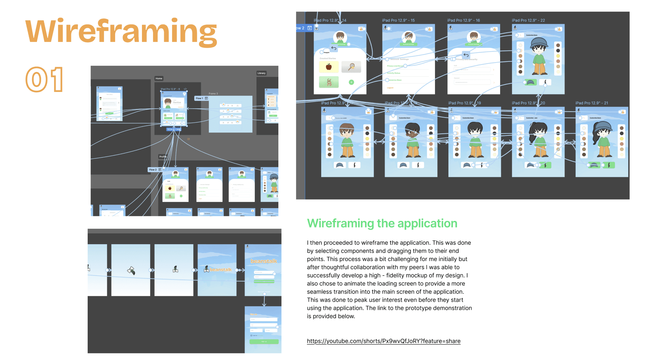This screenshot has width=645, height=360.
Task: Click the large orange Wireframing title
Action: [x=121, y=32]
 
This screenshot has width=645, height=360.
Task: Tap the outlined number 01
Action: [x=44, y=80]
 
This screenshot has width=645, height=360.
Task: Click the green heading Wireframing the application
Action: [x=382, y=223]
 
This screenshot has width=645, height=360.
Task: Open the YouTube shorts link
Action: [x=383, y=341]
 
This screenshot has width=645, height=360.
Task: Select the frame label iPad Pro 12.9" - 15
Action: [x=398, y=20]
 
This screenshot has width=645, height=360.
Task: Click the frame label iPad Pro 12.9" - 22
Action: [x=528, y=20]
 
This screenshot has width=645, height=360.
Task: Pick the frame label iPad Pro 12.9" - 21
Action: [x=591, y=103]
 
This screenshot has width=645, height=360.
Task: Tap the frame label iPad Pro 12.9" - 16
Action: [x=463, y=20]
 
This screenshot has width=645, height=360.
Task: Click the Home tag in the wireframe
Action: [x=159, y=79]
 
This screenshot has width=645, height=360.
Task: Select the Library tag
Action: [x=261, y=73]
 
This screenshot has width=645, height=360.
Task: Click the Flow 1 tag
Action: [x=200, y=98]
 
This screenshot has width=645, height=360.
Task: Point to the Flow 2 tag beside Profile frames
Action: [x=153, y=170]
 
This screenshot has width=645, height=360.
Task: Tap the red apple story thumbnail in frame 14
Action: [x=329, y=67]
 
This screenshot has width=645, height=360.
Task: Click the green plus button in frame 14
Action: [x=351, y=82]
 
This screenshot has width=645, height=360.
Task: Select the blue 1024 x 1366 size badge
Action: [x=173, y=130]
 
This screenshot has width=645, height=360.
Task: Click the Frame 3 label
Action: [x=213, y=94]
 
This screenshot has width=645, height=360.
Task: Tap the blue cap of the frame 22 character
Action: [x=538, y=42]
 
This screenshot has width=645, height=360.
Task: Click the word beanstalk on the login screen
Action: [x=264, y=261]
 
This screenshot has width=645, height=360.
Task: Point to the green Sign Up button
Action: [x=264, y=342]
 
